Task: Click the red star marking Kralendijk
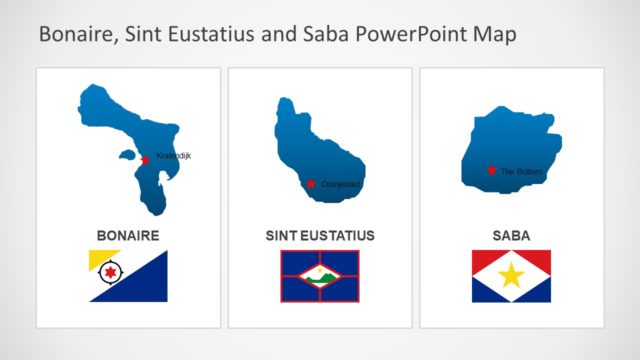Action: pos(145,160)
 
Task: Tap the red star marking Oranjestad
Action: pos(311,183)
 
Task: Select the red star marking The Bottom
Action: pos(491,170)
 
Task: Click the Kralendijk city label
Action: pos(173,155)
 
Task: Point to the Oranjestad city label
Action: pos(340,184)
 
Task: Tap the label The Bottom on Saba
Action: pos(522,172)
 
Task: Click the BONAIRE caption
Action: pos(128,236)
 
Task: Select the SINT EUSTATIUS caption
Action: pos(320,236)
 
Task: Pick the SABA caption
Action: pos(511,236)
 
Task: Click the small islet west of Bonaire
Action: pos(126,155)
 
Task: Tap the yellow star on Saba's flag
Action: pos(511,275)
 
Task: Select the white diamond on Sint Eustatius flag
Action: pos(320,275)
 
